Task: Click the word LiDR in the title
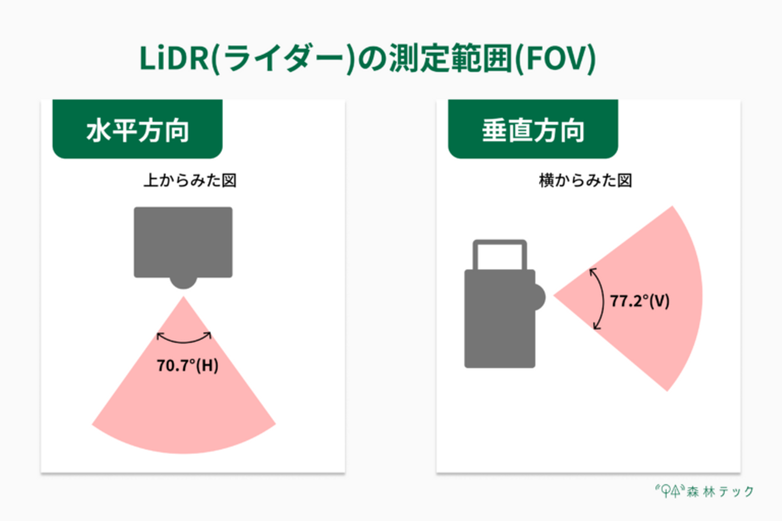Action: tap(174, 59)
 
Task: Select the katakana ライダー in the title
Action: tap(282, 59)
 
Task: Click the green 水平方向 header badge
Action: tap(137, 130)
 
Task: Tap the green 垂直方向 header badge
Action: tap(533, 130)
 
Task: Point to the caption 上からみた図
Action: tap(190, 180)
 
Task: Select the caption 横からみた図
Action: tap(585, 180)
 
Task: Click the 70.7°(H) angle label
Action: tap(187, 365)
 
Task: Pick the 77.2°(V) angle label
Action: tap(639, 301)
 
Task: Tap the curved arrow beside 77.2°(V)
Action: tap(600, 298)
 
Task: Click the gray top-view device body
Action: tap(183, 242)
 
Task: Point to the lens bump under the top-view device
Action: tap(183, 282)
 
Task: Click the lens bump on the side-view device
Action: tap(539, 297)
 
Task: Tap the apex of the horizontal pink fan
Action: tap(184, 298)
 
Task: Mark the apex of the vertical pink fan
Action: tap(556, 296)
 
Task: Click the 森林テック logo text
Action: tap(720, 492)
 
